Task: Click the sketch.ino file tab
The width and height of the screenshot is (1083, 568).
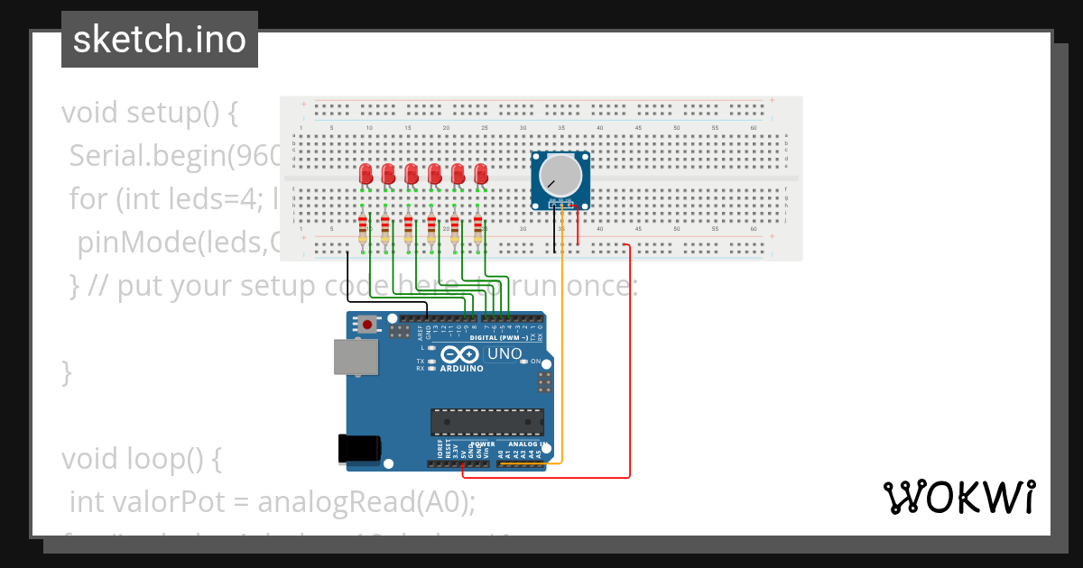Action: [160, 40]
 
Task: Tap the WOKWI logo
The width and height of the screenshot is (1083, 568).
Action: [958, 497]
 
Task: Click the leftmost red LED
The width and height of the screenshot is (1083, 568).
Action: [366, 174]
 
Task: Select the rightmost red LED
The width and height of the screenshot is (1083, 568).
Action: [481, 174]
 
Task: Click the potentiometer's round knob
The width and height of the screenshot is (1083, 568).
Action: [560, 176]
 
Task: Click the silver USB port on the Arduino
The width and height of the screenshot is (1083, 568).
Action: [356, 357]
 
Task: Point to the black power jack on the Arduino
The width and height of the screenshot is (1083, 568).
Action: [358, 448]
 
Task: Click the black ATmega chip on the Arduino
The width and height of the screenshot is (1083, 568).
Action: [487, 422]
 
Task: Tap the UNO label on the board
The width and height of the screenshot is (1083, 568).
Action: [504, 353]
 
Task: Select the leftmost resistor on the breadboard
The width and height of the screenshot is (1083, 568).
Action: [363, 230]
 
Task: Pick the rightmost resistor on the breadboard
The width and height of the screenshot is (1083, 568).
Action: [477, 230]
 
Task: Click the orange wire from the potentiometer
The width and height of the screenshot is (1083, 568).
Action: [562, 343]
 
